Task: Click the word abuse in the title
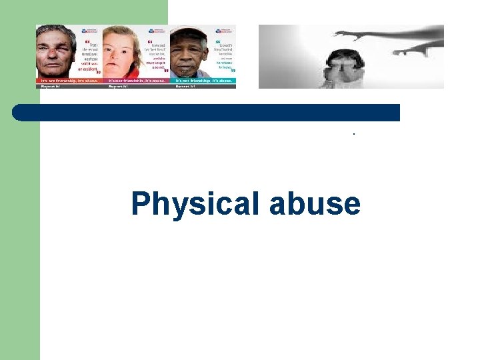314,204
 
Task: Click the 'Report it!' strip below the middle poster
120,86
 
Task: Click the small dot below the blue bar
355,133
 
